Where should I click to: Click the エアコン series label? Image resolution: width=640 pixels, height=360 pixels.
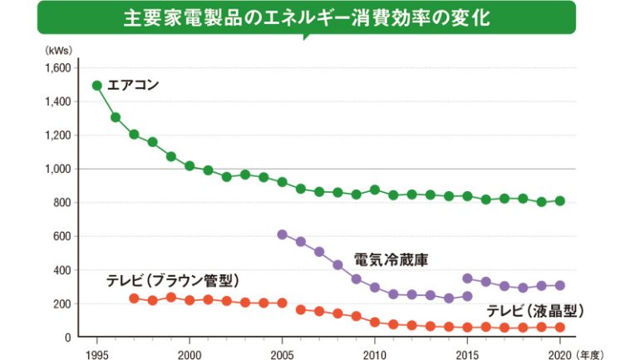click(133, 85)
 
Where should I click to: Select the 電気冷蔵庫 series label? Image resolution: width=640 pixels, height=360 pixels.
click(391, 259)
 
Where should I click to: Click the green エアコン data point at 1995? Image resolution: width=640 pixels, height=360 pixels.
click(97, 86)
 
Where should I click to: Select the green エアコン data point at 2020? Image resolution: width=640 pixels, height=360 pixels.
click(559, 201)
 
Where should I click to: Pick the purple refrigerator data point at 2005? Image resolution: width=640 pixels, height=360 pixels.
click(282, 234)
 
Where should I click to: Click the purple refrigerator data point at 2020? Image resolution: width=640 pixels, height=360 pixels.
click(559, 285)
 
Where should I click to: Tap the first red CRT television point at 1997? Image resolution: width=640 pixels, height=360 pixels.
click(134, 298)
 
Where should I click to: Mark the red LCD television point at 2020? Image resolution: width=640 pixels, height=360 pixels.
click(559, 328)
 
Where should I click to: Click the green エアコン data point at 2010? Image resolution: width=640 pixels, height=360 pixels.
click(374, 190)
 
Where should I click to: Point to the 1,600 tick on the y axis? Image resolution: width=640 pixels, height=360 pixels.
click(57, 68)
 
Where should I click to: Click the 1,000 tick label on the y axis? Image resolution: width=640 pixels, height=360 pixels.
click(57, 169)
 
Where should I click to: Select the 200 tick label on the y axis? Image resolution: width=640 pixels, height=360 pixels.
click(62, 304)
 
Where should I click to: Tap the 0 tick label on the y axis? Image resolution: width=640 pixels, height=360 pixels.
click(68, 338)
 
